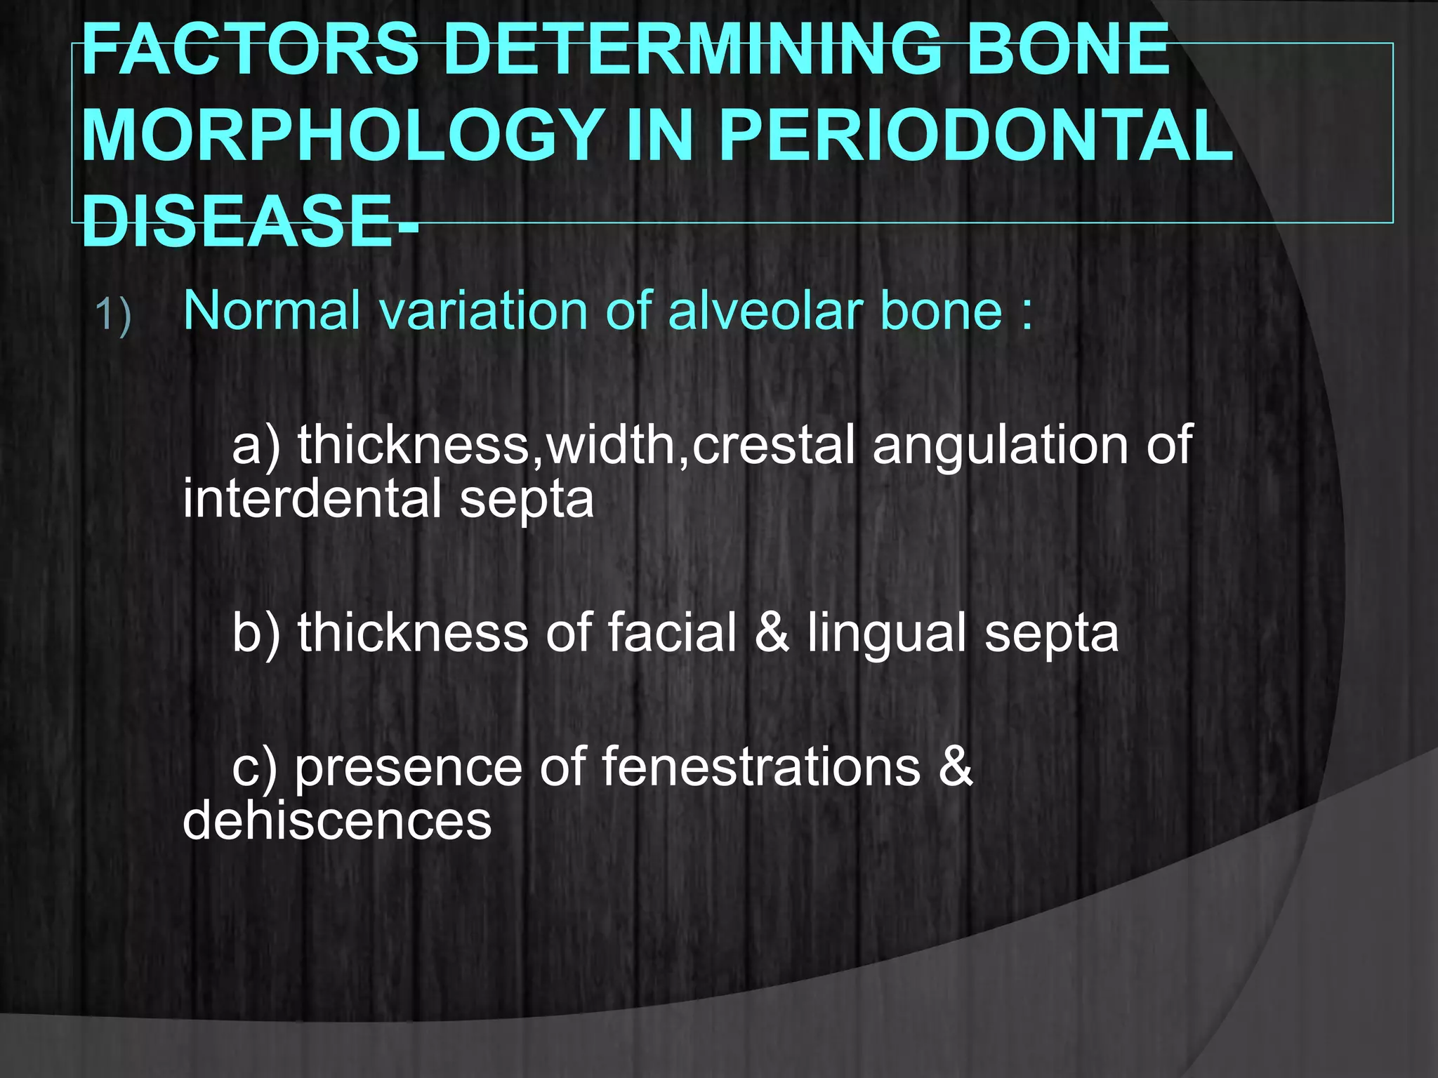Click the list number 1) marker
(x=113, y=314)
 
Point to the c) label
(x=255, y=768)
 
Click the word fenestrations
(x=761, y=766)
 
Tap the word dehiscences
(x=337, y=821)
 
